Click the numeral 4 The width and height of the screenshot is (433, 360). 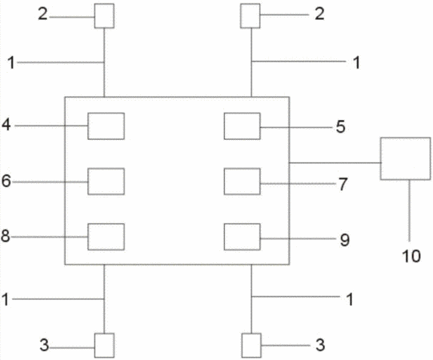pyautogui.click(x=6, y=125)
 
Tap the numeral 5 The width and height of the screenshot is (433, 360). pyautogui.click(x=340, y=126)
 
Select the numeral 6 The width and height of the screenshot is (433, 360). pyautogui.click(x=6, y=181)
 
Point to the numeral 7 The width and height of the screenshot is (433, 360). pyautogui.click(x=343, y=185)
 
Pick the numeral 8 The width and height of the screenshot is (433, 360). pyautogui.click(x=6, y=236)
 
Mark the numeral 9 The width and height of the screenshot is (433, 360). pyautogui.click(x=345, y=240)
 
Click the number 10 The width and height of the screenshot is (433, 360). pyautogui.click(x=411, y=256)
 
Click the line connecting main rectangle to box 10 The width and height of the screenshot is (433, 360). pyautogui.click(x=335, y=163)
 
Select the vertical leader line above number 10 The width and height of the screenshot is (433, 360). pyautogui.click(x=409, y=210)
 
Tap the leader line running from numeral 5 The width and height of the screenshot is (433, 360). pyautogui.click(x=296, y=127)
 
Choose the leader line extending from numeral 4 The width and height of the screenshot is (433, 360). pyautogui.click(x=51, y=126)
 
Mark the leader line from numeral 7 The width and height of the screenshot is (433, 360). pyautogui.click(x=298, y=183)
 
